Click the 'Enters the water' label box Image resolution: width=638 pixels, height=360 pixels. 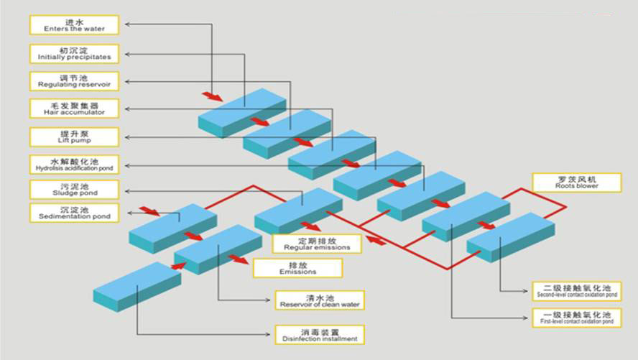tap(74, 25)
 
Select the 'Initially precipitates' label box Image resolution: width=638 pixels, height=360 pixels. tap(74, 54)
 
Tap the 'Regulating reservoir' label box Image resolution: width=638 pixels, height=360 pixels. tap(74, 81)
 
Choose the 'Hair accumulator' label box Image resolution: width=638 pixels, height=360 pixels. tap(74, 109)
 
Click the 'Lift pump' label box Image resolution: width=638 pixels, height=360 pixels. tap(74, 137)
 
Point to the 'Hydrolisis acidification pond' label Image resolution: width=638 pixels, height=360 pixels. tap(74, 165)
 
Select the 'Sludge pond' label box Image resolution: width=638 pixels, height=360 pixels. tap(74, 190)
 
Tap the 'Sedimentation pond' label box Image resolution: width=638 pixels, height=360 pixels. tap(74, 213)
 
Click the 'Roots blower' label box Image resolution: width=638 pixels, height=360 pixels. tap(576, 183)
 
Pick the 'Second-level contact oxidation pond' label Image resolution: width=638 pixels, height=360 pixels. tap(576, 291)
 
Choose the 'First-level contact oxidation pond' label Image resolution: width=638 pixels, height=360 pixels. tap(576, 318)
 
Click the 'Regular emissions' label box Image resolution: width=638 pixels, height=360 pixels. tap(317, 244)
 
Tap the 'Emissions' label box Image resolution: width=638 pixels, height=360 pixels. tap(297, 268)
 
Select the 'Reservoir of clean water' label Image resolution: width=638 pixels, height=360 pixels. tap(320, 300)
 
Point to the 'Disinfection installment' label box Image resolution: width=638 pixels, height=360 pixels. tap(320, 335)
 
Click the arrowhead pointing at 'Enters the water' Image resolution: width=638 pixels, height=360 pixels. tap(127, 24)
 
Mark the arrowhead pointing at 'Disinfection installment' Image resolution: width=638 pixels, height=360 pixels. tap(268, 334)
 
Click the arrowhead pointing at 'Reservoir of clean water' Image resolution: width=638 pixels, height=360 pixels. tap(268, 300)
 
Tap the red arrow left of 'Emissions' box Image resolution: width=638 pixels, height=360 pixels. tap(239, 259)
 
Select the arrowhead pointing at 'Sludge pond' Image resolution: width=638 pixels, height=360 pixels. tap(127, 191)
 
